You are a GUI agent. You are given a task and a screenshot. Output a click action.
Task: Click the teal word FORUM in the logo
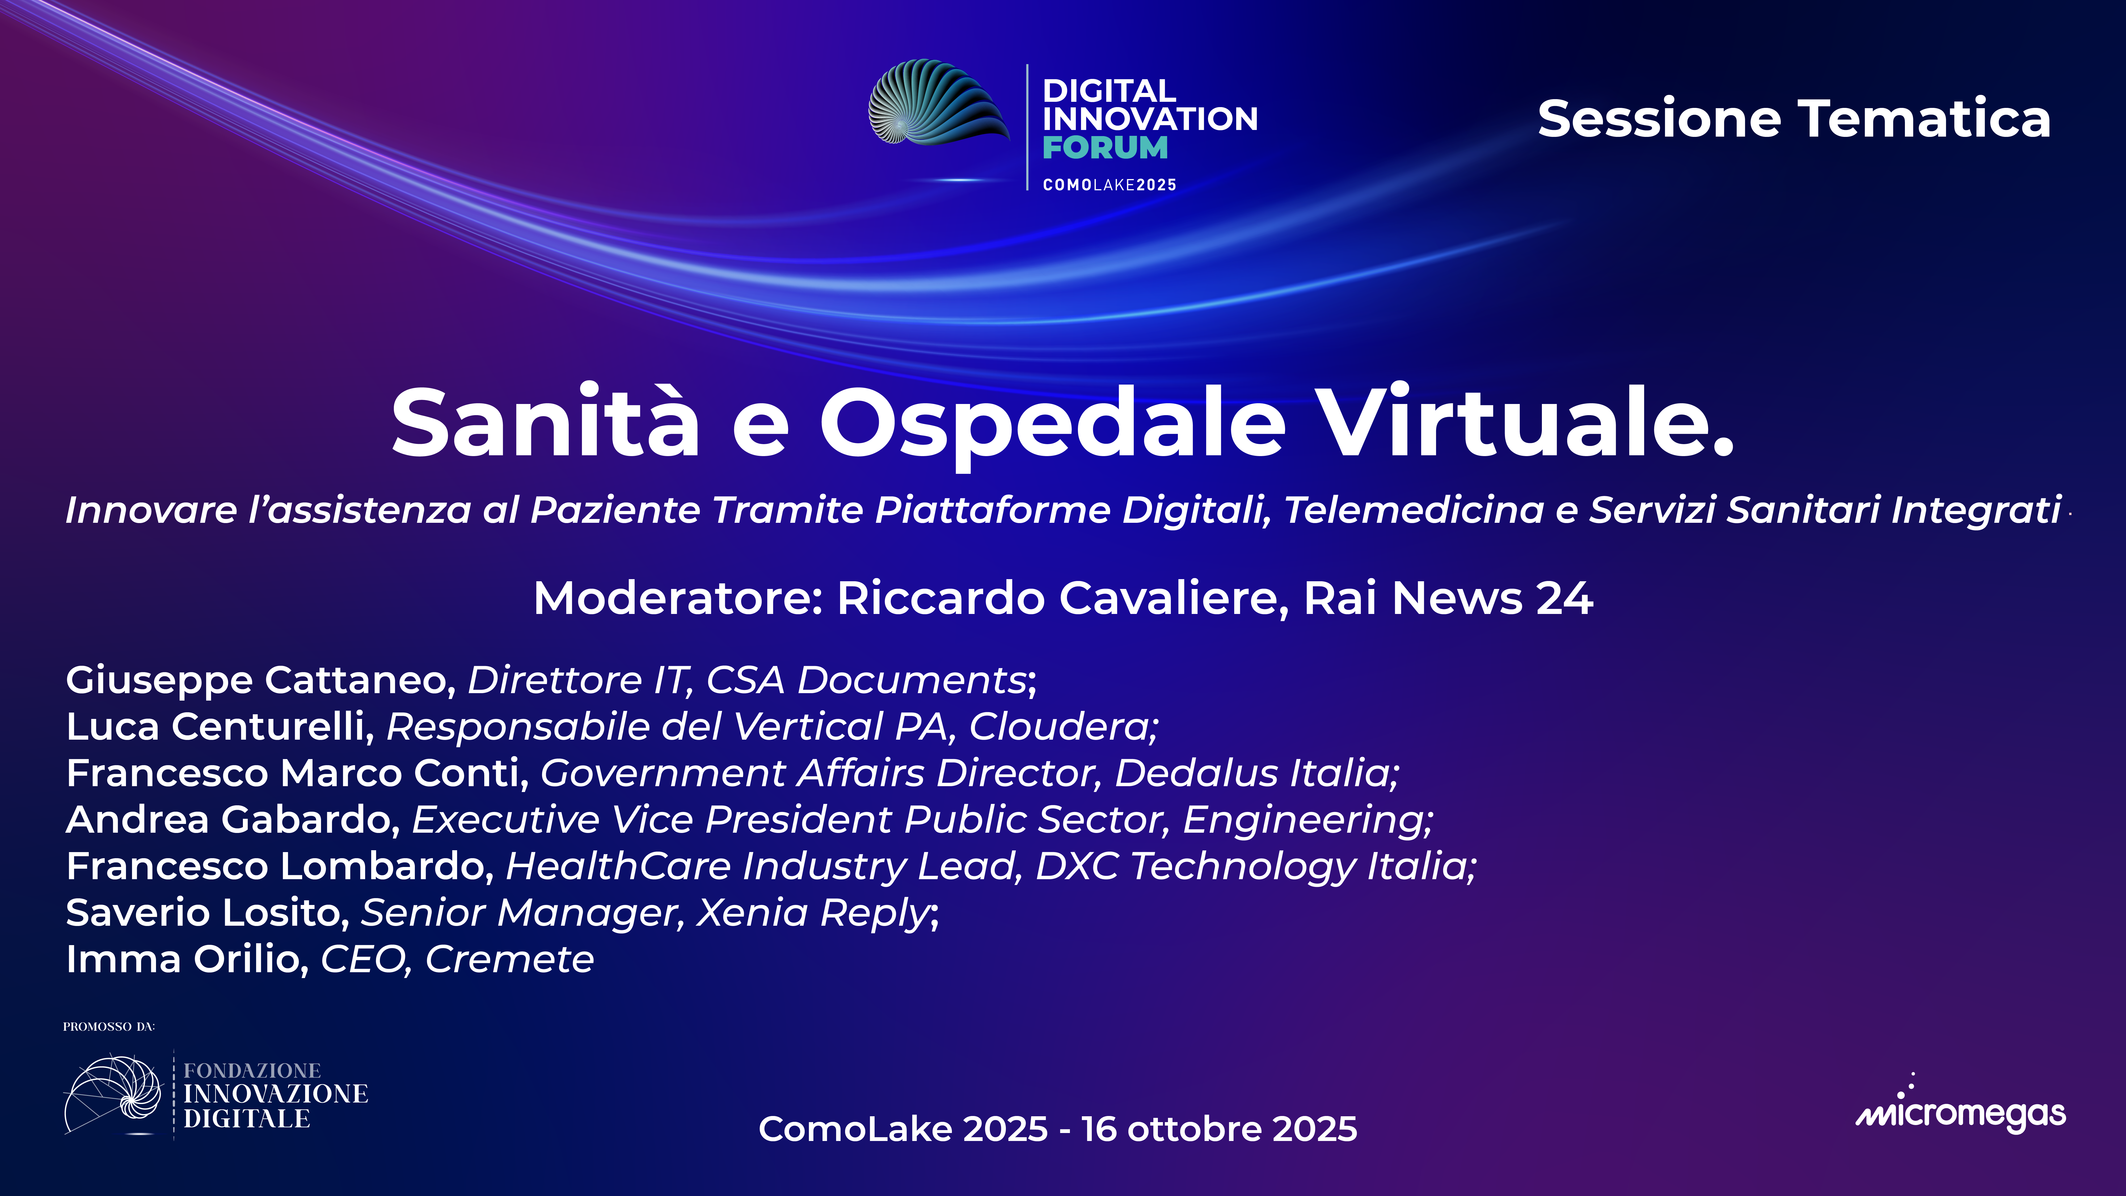1105,149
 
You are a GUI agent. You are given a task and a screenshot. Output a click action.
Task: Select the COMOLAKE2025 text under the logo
1109,185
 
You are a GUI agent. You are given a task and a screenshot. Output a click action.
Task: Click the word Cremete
509,959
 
